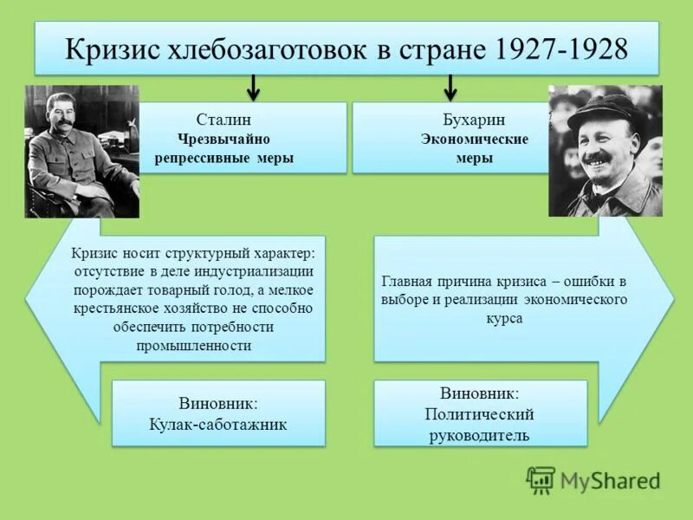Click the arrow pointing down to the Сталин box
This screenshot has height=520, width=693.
252,88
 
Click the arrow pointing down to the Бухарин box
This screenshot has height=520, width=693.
450,88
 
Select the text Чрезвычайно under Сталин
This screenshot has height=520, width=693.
223,139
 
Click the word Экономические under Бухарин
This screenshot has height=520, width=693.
474,139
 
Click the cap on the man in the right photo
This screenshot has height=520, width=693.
604,112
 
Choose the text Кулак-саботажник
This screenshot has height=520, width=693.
218,425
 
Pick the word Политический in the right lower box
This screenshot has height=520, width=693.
479,414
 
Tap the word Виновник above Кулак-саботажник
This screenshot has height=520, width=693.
218,403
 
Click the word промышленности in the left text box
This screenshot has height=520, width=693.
193,345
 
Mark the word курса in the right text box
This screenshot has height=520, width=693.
503,318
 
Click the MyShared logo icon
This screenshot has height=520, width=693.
541,479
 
